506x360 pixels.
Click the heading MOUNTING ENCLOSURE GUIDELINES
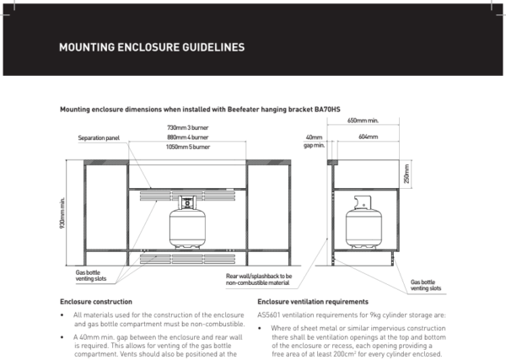point(152,47)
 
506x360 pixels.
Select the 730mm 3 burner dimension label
point(187,127)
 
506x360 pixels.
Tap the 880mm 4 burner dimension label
point(187,137)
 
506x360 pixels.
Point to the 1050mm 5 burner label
point(187,146)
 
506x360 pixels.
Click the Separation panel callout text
point(100,137)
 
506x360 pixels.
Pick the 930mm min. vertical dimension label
point(63,217)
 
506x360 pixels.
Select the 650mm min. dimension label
point(363,121)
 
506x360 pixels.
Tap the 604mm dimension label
point(368,137)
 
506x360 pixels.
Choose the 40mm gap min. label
point(314,141)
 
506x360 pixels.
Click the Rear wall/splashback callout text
point(258,279)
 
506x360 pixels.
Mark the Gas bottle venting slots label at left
point(92,276)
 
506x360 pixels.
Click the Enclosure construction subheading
point(96,301)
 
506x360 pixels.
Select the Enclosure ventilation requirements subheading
point(312,301)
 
